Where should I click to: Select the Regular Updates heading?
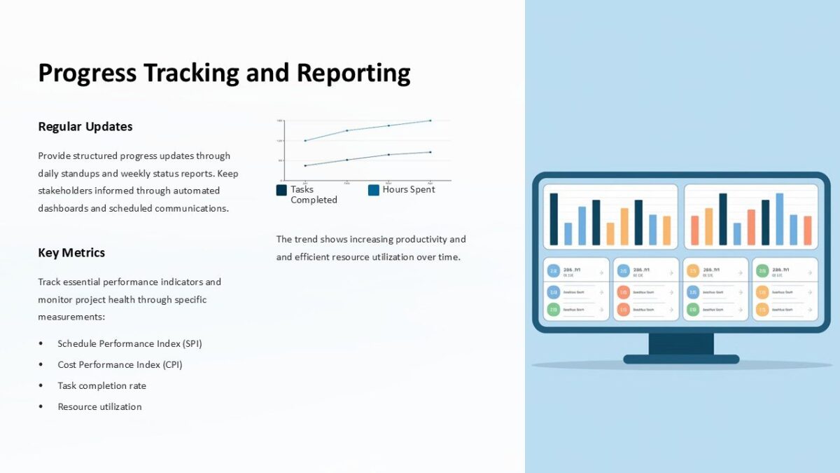(x=85, y=127)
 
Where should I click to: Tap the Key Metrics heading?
(x=71, y=253)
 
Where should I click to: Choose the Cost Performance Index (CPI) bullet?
(x=120, y=364)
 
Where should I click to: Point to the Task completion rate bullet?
(x=101, y=385)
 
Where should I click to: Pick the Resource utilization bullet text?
(x=99, y=406)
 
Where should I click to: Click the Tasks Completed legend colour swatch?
(x=281, y=190)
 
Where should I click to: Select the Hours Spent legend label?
(x=409, y=189)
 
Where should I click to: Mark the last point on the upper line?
(x=430, y=121)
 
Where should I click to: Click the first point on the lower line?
(x=305, y=165)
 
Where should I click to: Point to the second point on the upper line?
(x=346, y=130)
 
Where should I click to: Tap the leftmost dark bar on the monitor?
(x=554, y=219)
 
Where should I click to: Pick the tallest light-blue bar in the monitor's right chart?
(x=779, y=219)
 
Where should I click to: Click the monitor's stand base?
(x=681, y=359)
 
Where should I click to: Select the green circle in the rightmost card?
(x=762, y=309)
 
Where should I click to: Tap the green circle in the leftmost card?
(x=553, y=309)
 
